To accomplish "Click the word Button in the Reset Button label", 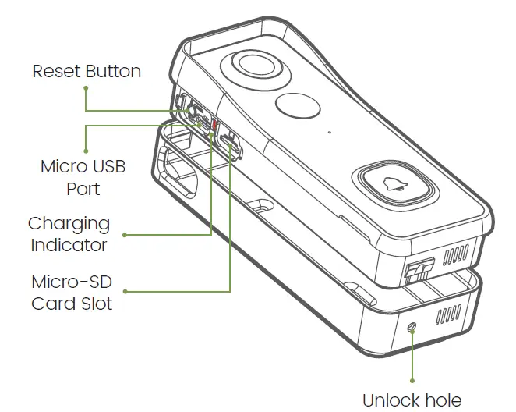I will click(113, 72).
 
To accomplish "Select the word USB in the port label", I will click(109, 167).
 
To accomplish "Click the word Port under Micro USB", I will click(83, 189).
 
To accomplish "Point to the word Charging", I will click(69, 224).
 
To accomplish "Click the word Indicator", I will click(69, 245).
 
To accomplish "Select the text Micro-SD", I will click(72, 281).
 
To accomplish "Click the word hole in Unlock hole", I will click(445, 400).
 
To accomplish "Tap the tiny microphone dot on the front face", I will click(330, 130).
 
